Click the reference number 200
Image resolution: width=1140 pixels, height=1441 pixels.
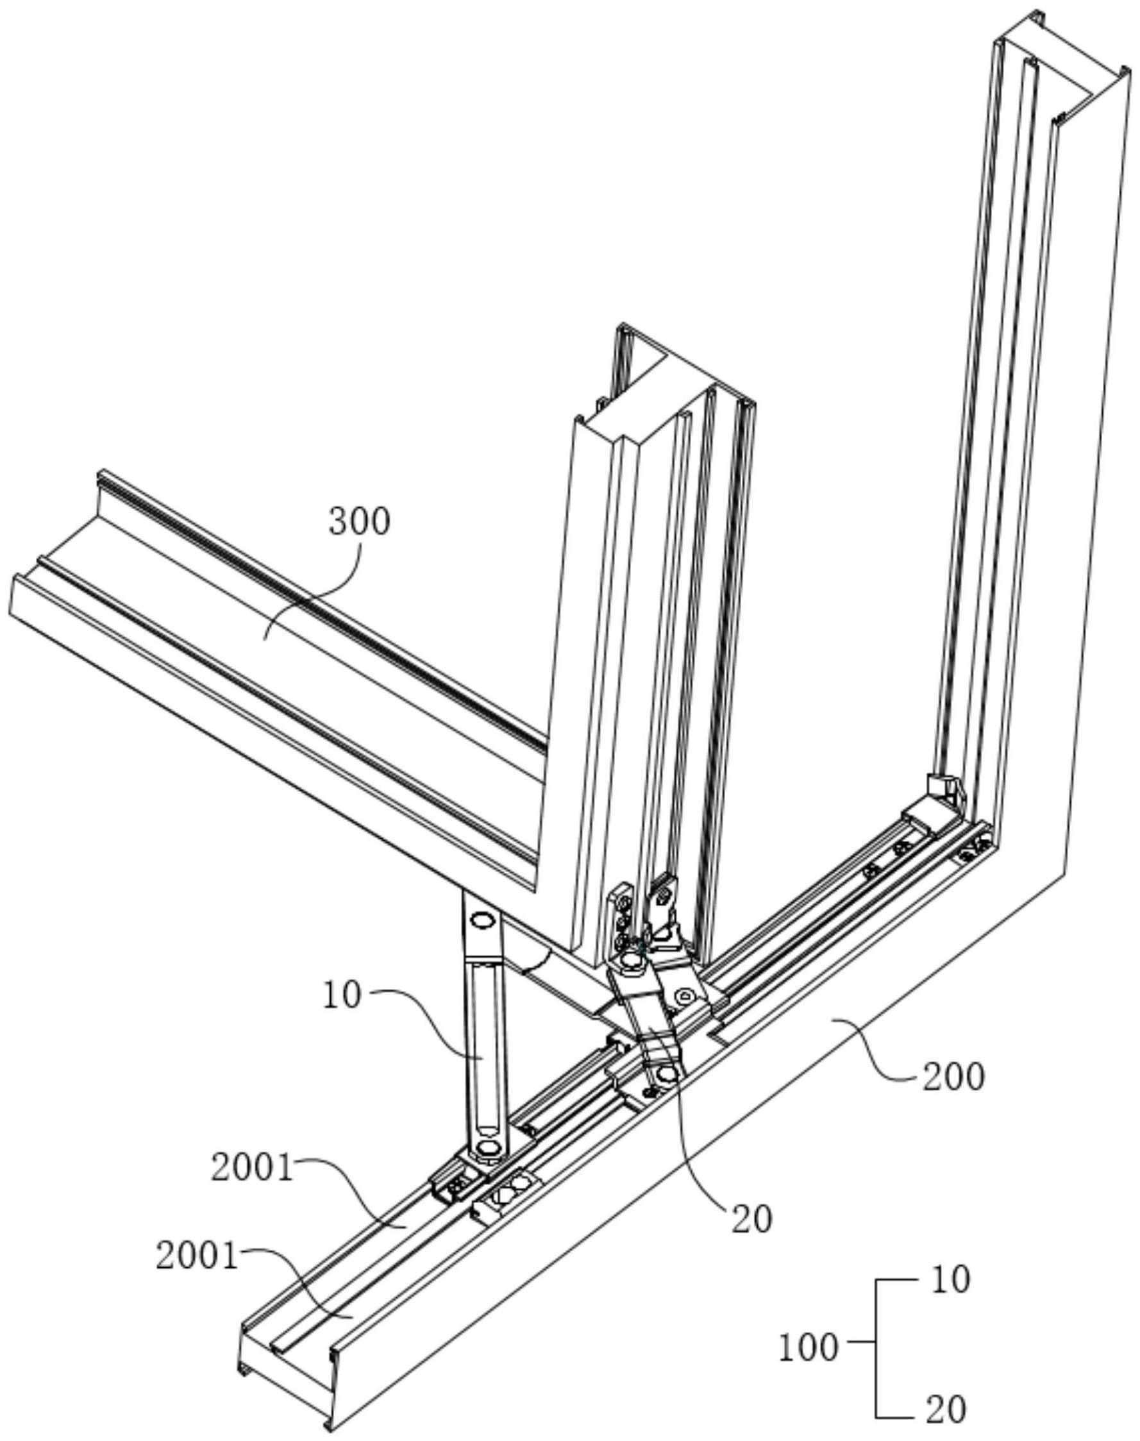pyautogui.click(x=953, y=1077)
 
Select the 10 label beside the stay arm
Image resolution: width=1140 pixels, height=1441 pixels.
pyautogui.click(x=342, y=995)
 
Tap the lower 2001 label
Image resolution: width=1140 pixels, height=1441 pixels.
pyautogui.click(x=197, y=1257)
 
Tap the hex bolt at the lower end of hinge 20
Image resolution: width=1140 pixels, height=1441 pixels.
pyautogui.click(x=666, y=1074)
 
